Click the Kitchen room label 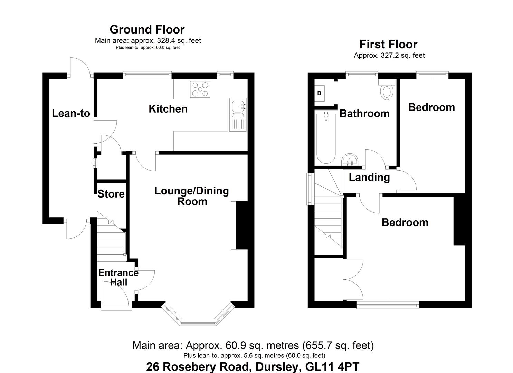pos(168,109)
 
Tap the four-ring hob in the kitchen pos(200,89)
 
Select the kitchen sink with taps pos(238,115)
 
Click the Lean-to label pos(71,113)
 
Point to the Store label pos(111,194)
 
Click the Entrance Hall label pos(118,277)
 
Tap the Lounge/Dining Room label pos(192,196)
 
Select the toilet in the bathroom pos(387,89)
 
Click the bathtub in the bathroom pos(326,137)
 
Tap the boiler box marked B pos(320,93)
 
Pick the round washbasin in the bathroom pos(350,160)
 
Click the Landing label pos(369,178)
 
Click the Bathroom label pos(364,114)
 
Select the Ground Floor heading pos(147,30)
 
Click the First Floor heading pos(388,44)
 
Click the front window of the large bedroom pos(388,305)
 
